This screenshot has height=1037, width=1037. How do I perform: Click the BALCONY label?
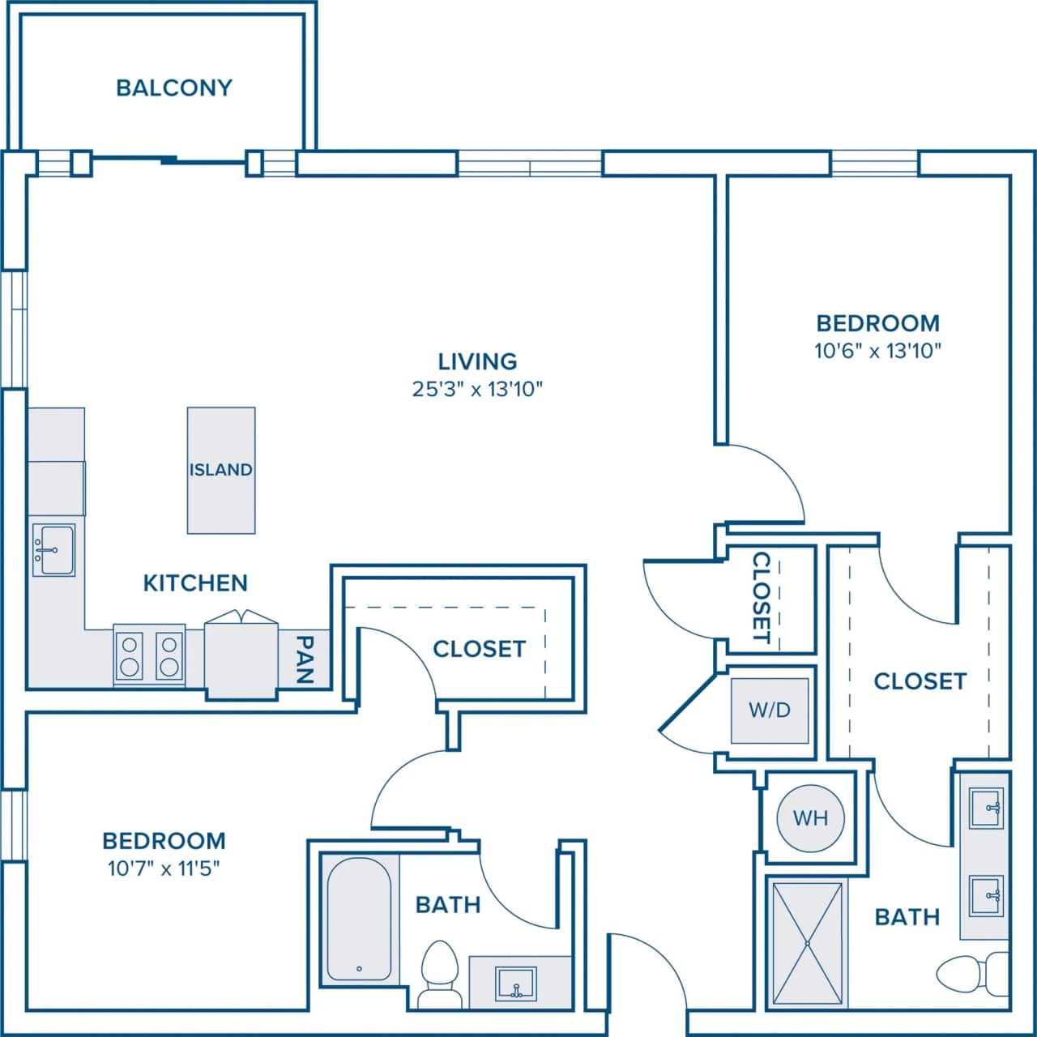(174, 87)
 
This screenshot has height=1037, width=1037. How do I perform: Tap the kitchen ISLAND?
(221, 470)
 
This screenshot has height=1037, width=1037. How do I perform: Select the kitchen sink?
(53, 549)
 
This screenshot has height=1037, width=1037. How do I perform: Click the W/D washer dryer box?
(770, 711)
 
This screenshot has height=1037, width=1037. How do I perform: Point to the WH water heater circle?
(810, 817)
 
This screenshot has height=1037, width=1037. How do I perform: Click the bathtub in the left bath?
(359, 919)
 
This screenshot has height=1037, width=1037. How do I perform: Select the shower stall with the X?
(807, 943)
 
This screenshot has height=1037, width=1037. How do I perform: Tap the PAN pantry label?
(305, 659)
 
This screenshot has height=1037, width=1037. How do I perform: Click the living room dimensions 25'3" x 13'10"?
(477, 389)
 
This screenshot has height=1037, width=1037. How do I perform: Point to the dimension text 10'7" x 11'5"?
(164, 868)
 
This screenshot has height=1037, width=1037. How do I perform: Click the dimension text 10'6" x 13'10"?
(878, 351)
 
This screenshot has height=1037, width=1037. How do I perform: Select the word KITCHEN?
(195, 583)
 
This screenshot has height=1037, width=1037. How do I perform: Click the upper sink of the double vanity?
(986, 808)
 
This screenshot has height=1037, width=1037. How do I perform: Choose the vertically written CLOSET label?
(762, 597)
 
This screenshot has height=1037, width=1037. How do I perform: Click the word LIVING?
(477, 361)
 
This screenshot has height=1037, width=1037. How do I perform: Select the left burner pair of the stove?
(129, 656)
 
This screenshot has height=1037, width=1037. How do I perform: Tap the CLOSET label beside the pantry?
(479, 649)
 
